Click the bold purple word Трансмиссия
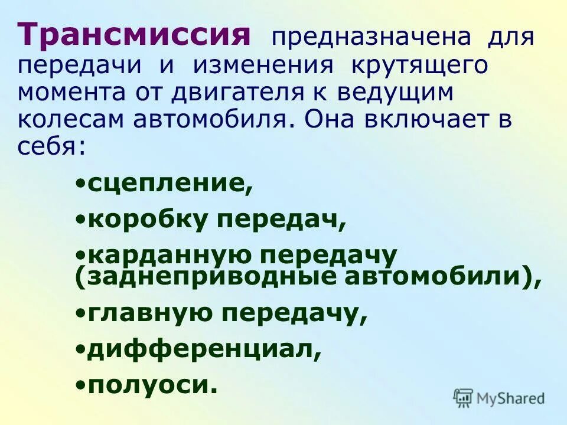point(135,35)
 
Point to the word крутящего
point(420,66)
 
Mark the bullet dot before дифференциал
point(80,349)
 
